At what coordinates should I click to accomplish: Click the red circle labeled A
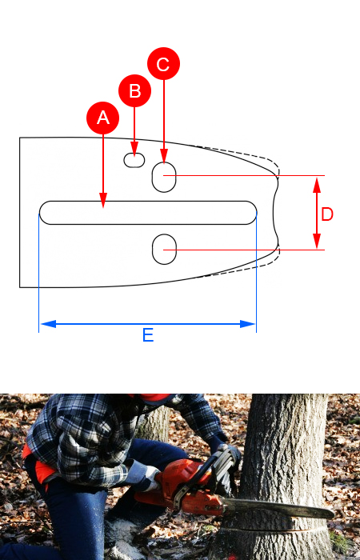tap(103, 118)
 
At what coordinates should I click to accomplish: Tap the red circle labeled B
tap(134, 90)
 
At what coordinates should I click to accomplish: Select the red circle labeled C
tap(163, 63)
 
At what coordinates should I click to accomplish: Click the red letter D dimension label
tap(327, 214)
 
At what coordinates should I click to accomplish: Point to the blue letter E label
tap(148, 335)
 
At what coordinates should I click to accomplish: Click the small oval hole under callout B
tap(134, 160)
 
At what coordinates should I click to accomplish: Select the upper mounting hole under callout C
tap(164, 177)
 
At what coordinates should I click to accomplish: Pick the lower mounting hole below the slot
tap(164, 250)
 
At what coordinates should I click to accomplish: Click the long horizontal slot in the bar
tap(148, 213)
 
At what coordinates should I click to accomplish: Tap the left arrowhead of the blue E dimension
tap(48, 324)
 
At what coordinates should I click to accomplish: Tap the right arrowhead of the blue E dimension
tap(247, 324)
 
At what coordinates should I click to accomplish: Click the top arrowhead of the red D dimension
tap(317, 185)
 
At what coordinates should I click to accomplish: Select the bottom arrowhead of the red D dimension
tap(317, 241)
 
